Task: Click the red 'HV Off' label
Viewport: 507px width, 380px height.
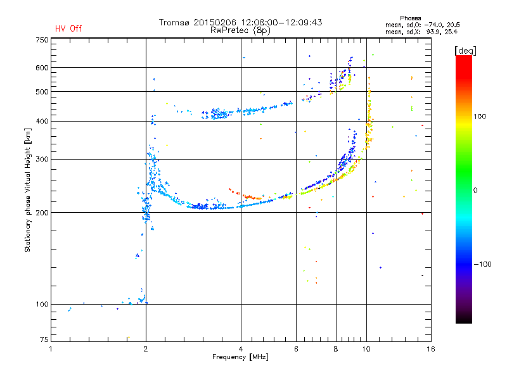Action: (x=68, y=28)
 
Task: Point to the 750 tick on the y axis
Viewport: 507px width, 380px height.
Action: (x=42, y=39)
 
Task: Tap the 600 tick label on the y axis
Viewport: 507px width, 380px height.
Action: (x=42, y=68)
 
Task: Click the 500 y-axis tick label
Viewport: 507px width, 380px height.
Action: (x=42, y=92)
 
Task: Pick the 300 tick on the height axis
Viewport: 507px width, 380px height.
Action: (x=42, y=159)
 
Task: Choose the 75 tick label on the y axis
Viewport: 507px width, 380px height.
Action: (x=44, y=342)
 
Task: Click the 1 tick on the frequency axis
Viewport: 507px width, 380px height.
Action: (x=51, y=349)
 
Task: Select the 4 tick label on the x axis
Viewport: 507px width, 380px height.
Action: (x=241, y=349)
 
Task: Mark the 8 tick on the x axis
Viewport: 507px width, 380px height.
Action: (x=336, y=349)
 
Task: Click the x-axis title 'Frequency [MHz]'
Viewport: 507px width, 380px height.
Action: (x=240, y=357)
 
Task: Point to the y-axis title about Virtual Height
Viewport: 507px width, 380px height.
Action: (x=28, y=190)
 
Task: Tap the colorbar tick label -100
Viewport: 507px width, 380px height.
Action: (x=482, y=264)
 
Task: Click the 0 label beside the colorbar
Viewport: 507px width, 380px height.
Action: (x=476, y=190)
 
